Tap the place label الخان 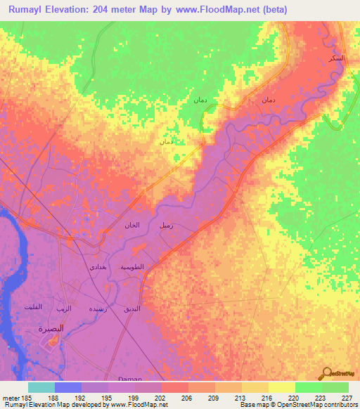(x=132, y=226)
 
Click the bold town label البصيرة (x=51, y=328)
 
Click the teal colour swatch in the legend (x=41, y=387)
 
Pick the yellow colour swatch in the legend (x=281, y=387)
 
